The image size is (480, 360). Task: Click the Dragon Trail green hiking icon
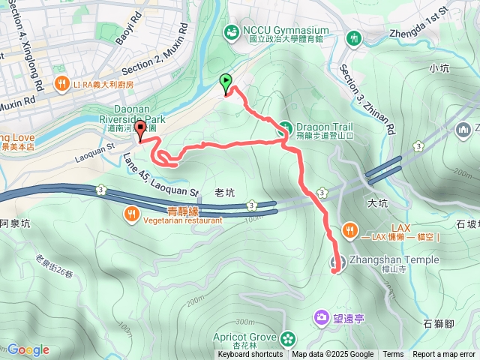pyautogui.click(x=286, y=127)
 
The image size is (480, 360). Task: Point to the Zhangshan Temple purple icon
pyautogui.click(x=337, y=262)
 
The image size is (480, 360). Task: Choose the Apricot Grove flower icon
pyautogui.click(x=286, y=339)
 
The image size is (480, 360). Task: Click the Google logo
pyautogui.click(x=28, y=349)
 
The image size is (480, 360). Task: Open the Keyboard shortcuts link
pyautogui.click(x=250, y=355)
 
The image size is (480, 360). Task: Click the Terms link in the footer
pyautogui.click(x=393, y=355)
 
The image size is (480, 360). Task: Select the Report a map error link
pyautogui.click(x=445, y=355)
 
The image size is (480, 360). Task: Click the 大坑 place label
pyautogui.click(x=378, y=202)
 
